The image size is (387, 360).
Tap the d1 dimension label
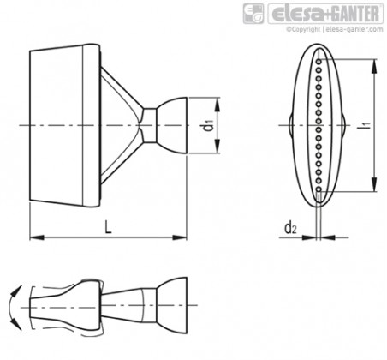click(x=209, y=126)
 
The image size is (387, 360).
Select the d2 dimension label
click(x=290, y=228)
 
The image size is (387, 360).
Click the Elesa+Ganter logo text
click(x=325, y=14)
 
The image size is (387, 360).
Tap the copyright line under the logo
click(x=335, y=29)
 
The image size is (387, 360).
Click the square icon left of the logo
click(x=253, y=14)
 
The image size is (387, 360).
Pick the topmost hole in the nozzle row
click(x=319, y=61)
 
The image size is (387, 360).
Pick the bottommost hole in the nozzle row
click(x=319, y=189)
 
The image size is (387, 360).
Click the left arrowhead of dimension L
click(x=37, y=237)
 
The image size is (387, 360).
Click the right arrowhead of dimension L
click(x=180, y=237)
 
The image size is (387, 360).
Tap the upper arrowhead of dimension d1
click(x=217, y=105)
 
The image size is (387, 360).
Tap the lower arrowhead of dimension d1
click(x=217, y=147)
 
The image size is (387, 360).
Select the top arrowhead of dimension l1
click(x=373, y=66)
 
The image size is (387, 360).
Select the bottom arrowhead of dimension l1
click(x=373, y=184)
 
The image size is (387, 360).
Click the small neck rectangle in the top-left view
click(x=149, y=125)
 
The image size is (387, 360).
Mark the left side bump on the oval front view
click(x=291, y=125)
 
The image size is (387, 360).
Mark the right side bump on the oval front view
click(x=343, y=125)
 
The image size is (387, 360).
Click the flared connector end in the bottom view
click(x=171, y=305)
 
